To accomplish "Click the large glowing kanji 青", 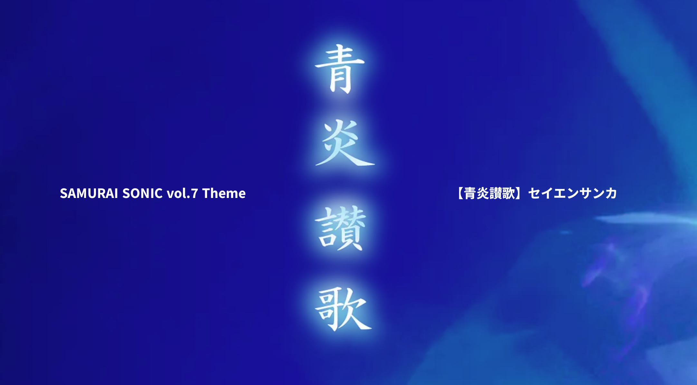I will pos(340,69).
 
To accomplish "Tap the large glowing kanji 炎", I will pos(344,143).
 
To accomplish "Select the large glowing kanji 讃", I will pos(341,228).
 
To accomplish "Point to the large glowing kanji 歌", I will pos(343,309).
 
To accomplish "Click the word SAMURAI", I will pos(89,193).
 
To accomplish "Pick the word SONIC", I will pos(142,193).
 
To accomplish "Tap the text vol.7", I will pos(182,193).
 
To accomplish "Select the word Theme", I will pos(224,193).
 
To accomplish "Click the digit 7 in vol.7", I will pos(194,193).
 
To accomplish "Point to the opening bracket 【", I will pos(459,193).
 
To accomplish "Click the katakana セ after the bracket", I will pos(534,193).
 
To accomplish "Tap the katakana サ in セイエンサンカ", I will pos(586,193).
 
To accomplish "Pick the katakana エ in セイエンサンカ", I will pos(560,193).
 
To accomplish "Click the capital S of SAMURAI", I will pos(63,193).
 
